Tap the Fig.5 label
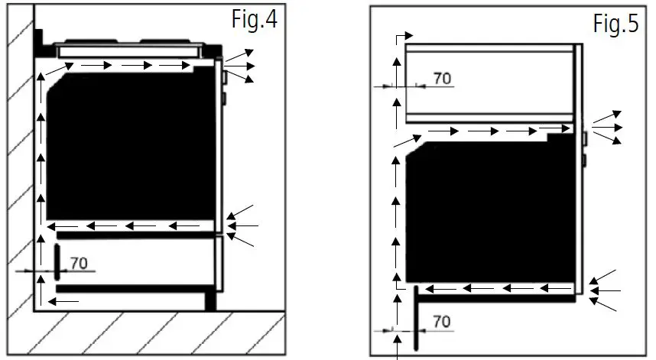click(615, 24)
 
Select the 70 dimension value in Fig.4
click(79, 263)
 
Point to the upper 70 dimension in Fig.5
click(442, 78)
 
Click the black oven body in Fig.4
click(130, 145)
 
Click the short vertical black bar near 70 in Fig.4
click(57, 261)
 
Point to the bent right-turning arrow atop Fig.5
click(402, 37)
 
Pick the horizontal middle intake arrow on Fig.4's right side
click(248, 225)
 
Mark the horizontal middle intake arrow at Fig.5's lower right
click(609, 290)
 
